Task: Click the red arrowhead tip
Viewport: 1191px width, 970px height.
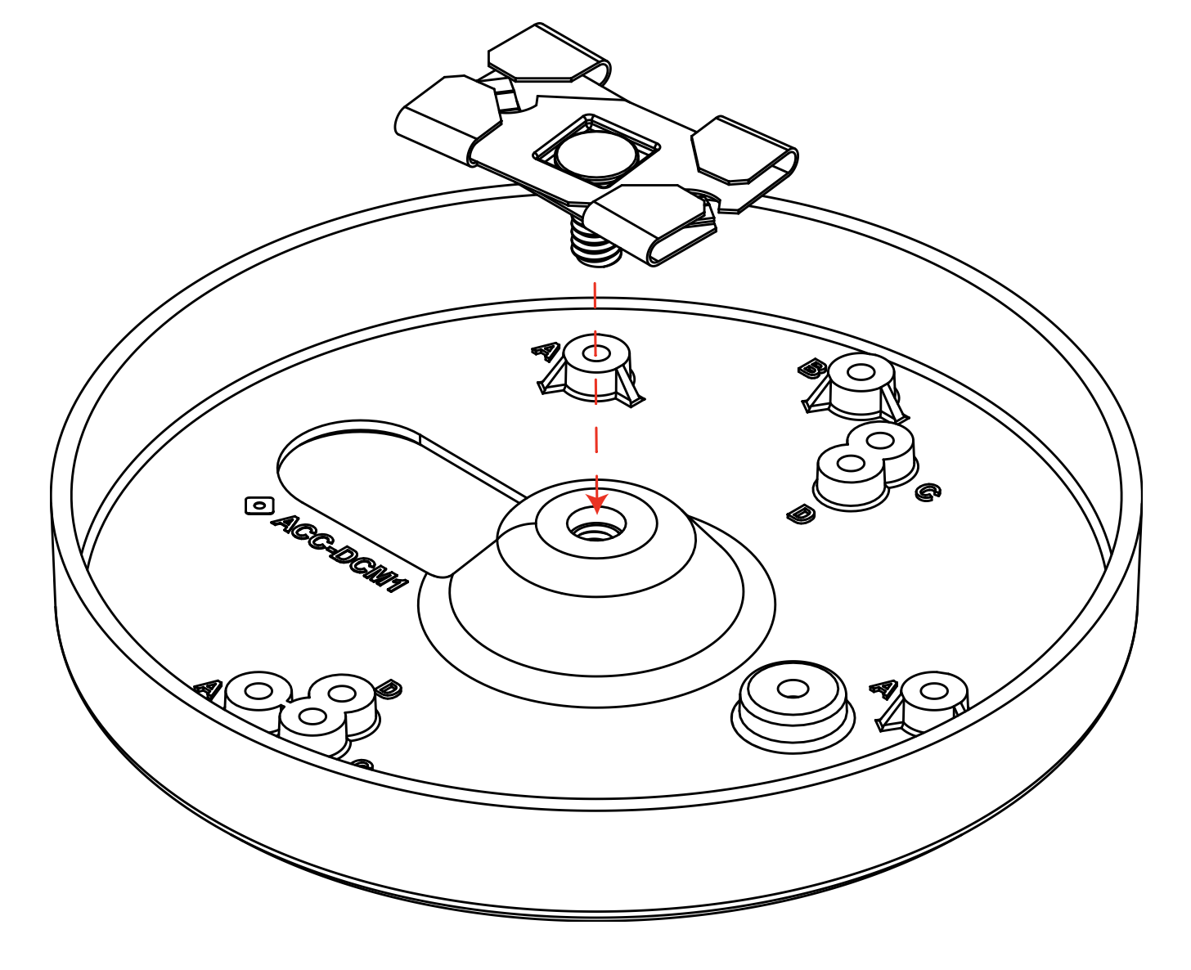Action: (x=597, y=512)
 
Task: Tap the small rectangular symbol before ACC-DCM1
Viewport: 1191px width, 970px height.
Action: (x=259, y=505)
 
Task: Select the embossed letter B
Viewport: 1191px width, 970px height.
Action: (x=811, y=369)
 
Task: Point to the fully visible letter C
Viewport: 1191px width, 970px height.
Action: (x=927, y=492)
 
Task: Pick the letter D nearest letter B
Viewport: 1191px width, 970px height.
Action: (x=801, y=514)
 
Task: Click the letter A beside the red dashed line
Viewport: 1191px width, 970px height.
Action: (x=545, y=352)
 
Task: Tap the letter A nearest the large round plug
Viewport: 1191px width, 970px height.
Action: (x=883, y=689)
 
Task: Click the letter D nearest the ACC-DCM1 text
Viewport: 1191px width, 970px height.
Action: (x=388, y=689)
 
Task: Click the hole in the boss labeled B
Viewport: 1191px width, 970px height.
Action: (x=861, y=372)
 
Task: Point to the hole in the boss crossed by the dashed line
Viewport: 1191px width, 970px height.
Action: (x=596, y=353)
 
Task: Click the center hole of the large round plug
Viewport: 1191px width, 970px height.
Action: (x=793, y=689)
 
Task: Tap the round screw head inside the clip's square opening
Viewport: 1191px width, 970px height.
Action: (x=595, y=155)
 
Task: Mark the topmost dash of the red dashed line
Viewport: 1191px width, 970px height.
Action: (x=595, y=296)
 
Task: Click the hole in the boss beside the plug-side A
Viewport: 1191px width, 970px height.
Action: (x=933, y=691)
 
